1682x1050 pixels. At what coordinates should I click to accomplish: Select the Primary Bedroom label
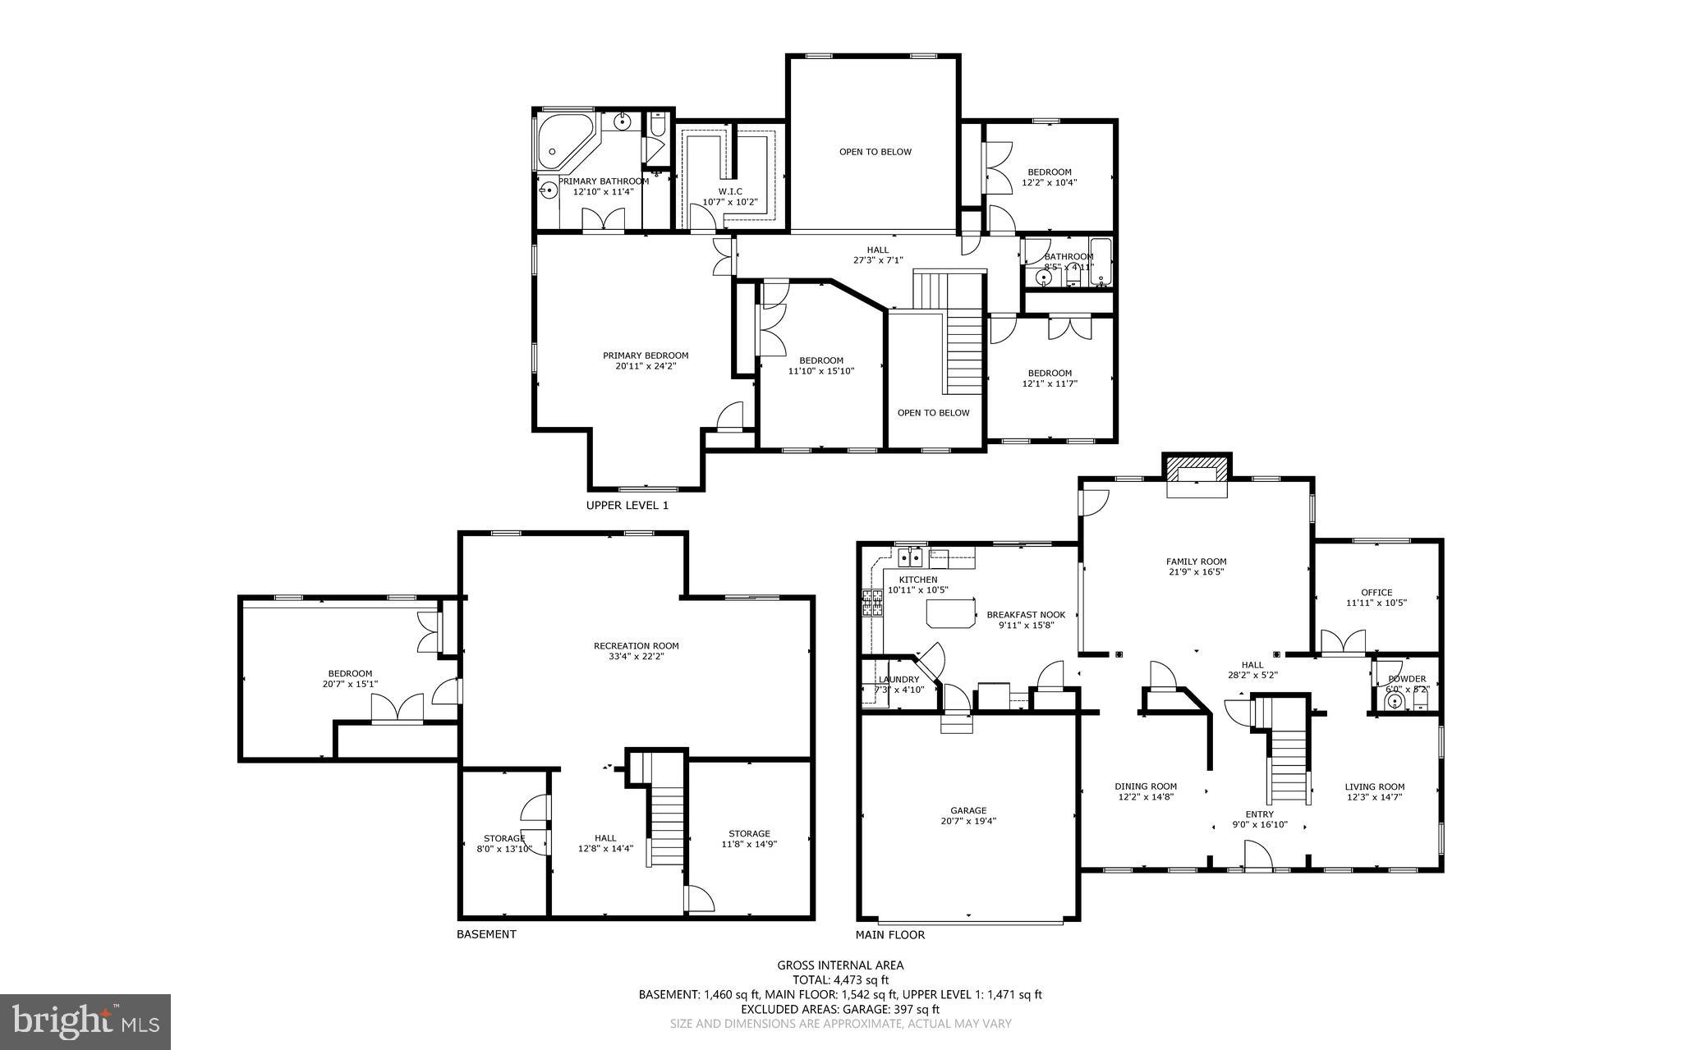coord(646,355)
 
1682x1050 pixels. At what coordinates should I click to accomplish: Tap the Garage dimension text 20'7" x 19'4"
coord(968,821)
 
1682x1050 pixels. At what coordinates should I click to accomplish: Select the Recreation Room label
coord(636,646)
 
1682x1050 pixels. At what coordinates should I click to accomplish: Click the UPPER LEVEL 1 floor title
coord(627,506)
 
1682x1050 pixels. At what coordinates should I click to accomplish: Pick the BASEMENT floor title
coord(486,934)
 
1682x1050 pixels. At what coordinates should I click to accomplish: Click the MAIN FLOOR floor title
coord(889,935)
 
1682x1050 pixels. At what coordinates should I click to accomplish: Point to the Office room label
coord(1376,593)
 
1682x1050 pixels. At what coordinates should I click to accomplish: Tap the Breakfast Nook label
coord(1026,615)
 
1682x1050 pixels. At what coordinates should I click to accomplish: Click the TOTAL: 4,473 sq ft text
coord(840,979)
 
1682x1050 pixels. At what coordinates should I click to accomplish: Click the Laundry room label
coord(898,680)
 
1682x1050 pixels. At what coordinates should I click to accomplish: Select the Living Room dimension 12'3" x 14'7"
coord(1374,797)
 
